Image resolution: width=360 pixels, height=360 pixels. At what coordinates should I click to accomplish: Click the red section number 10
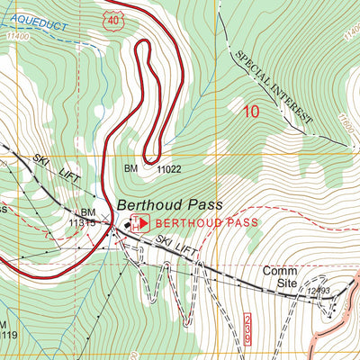251,112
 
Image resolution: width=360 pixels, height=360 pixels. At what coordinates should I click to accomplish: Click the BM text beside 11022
131,167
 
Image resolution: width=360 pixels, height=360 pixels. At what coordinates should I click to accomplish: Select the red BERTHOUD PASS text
207,222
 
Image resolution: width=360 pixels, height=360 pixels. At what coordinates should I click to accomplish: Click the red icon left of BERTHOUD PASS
140,222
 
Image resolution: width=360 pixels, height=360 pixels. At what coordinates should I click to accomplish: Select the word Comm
279,271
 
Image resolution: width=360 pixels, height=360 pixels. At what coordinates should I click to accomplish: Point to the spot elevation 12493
318,291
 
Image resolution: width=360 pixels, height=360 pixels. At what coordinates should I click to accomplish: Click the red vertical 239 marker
248,327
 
